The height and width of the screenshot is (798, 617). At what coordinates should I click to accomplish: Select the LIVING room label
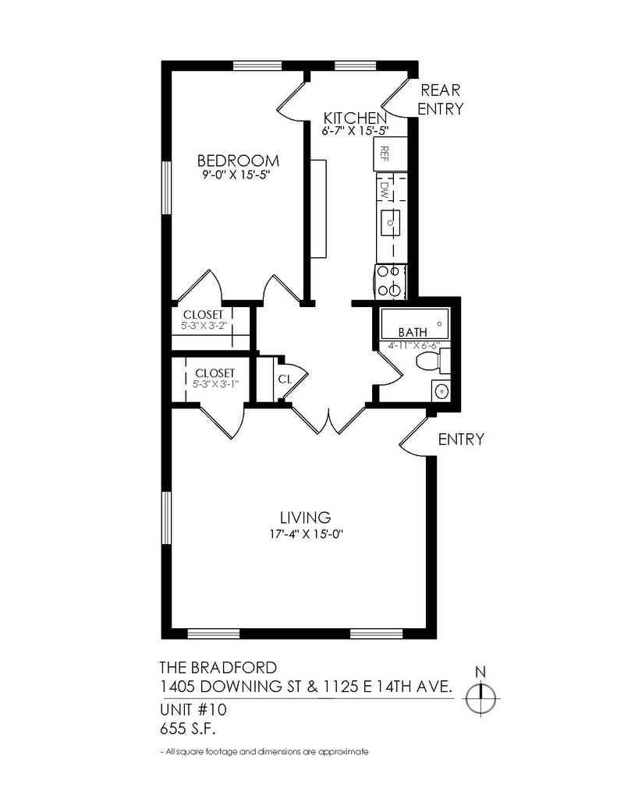(x=306, y=517)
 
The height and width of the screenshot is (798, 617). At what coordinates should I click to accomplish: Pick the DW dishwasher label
(x=384, y=189)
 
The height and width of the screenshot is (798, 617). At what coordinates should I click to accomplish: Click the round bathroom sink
(x=441, y=390)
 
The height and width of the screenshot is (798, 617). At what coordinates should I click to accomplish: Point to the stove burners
(x=389, y=281)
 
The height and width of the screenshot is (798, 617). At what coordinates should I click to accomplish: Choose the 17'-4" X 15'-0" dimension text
(x=306, y=534)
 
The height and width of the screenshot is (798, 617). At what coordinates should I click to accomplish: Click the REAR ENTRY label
(x=440, y=100)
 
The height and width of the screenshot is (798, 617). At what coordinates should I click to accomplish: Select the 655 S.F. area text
(x=186, y=729)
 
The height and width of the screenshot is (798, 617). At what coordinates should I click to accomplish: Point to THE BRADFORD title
(x=217, y=667)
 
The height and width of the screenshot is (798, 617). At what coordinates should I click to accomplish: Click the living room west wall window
(x=165, y=518)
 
